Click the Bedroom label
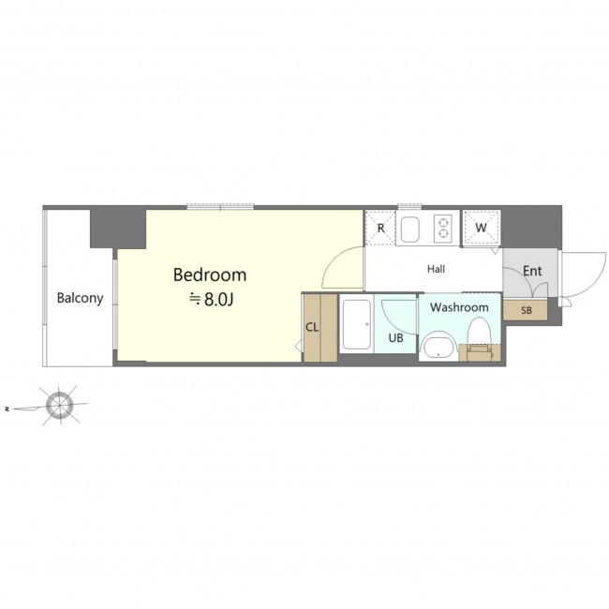click(210, 275)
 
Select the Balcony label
click(80, 298)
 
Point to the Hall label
click(436, 269)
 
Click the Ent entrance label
click(532, 271)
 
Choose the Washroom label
click(459, 307)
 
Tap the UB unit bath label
click(395, 338)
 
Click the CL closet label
click(312, 327)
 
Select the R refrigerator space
click(380, 228)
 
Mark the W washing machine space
click(482, 228)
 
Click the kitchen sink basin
click(411, 229)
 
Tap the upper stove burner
click(443, 223)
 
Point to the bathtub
click(356, 324)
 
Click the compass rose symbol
click(59, 406)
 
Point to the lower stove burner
click(443, 234)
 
